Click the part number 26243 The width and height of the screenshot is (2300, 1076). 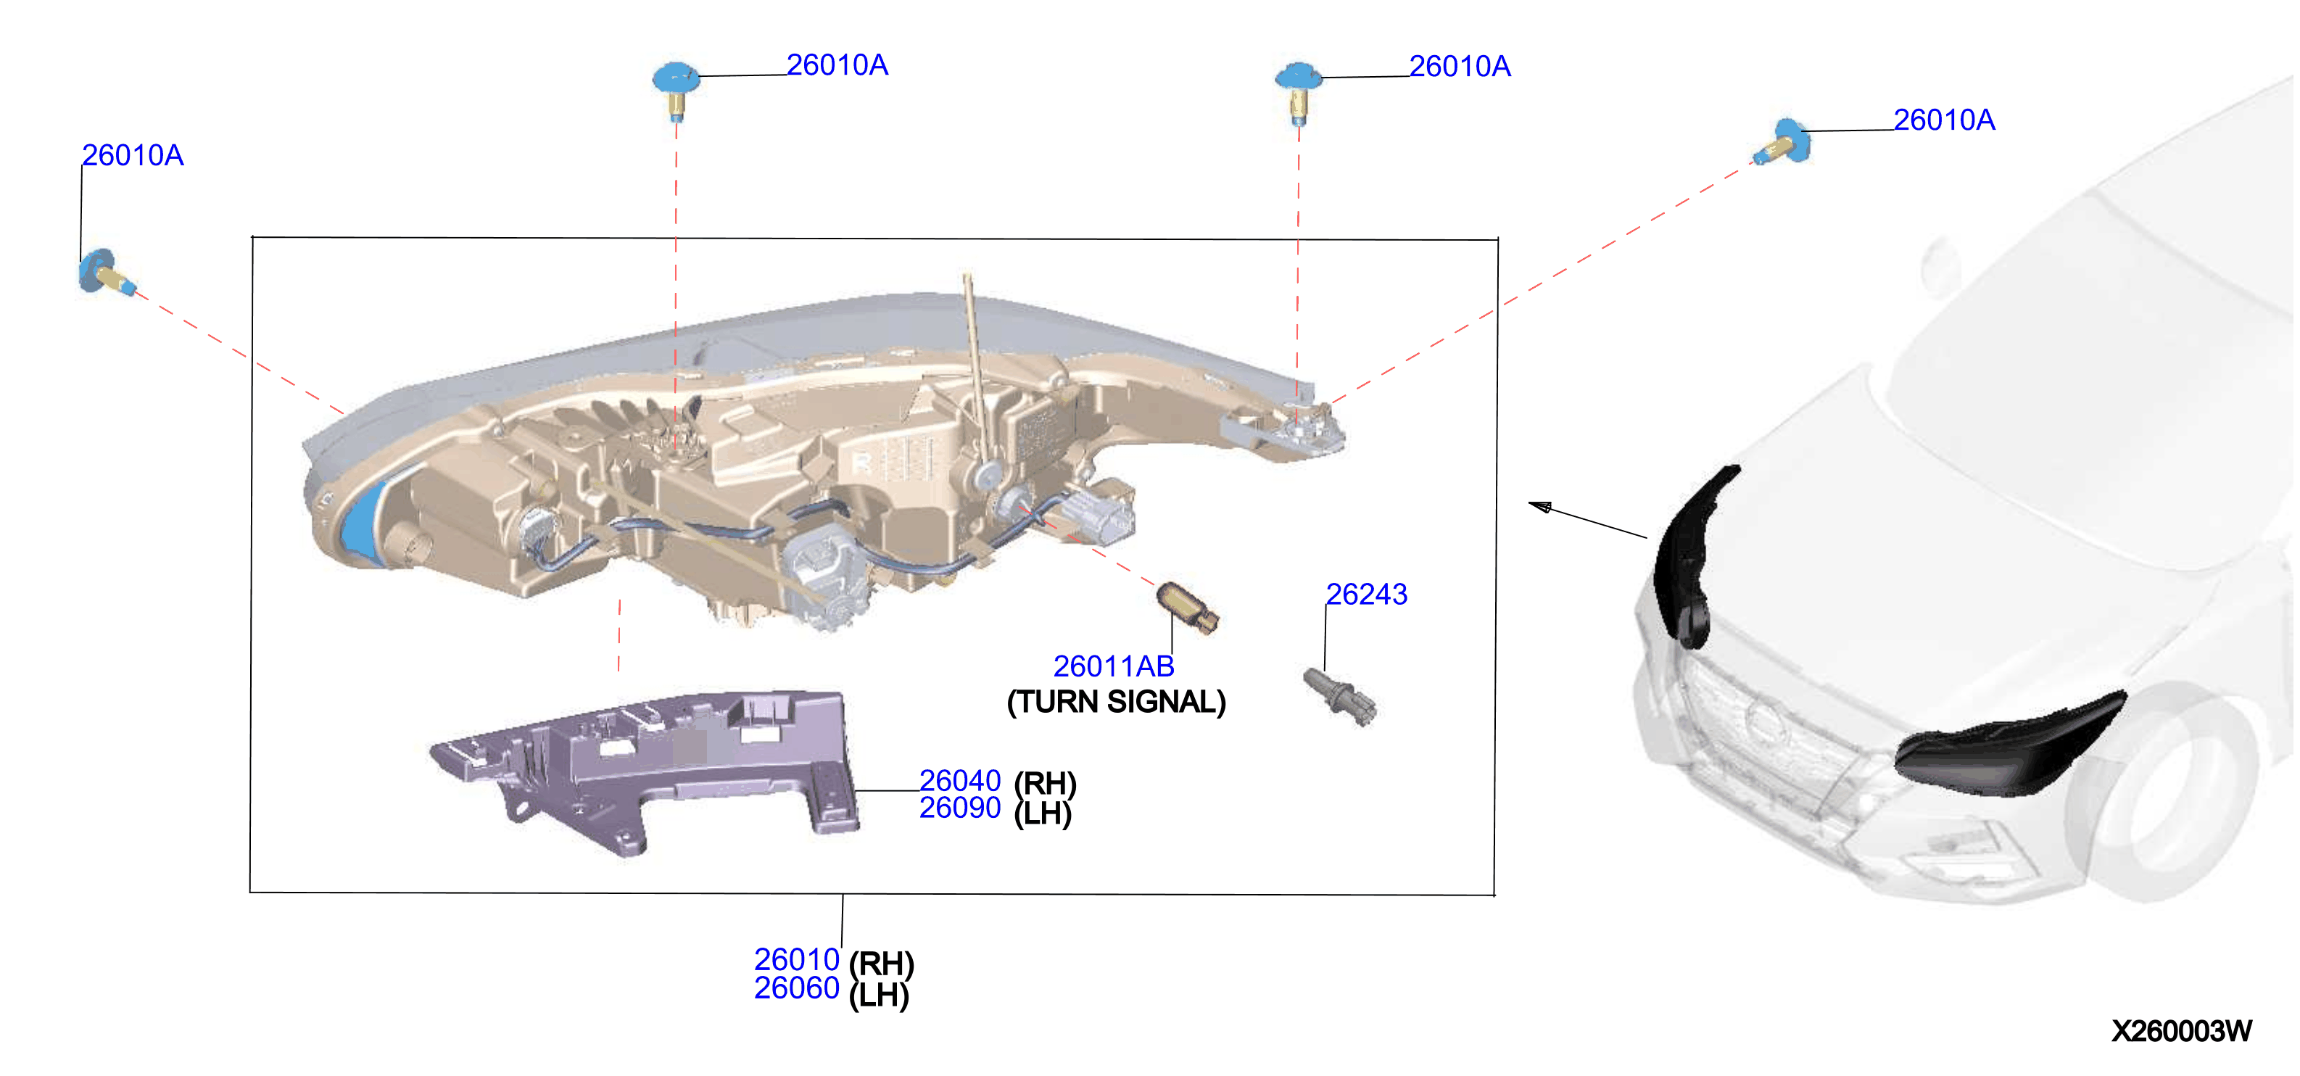[1366, 595]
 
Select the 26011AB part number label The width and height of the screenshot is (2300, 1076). [1114, 666]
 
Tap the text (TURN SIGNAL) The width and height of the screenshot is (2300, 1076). [1116, 702]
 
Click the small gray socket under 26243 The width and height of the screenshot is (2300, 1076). [1340, 697]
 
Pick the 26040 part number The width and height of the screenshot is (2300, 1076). [960, 780]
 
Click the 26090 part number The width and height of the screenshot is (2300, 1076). [960, 808]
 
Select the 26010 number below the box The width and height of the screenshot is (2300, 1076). [796, 960]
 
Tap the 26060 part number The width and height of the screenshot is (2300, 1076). [796, 988]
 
